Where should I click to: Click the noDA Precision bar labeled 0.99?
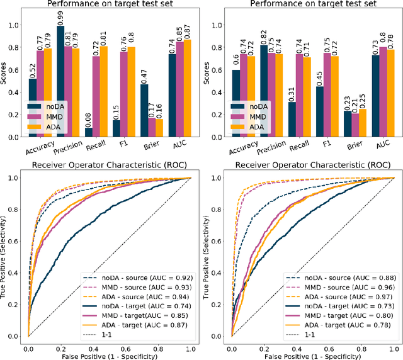60,81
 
